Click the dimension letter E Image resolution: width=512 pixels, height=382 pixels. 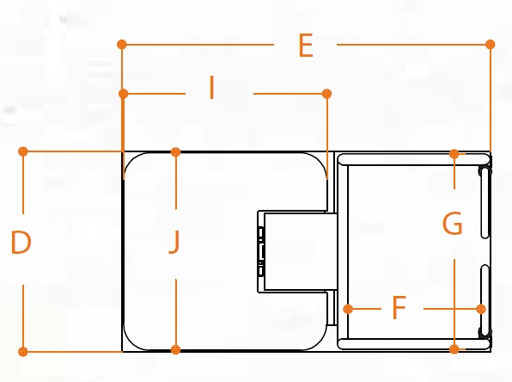click(306, 46)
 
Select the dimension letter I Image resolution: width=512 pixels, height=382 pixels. click(212, 87)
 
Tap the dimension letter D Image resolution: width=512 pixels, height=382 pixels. click(21, 242)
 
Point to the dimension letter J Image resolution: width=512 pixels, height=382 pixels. click(174, 242)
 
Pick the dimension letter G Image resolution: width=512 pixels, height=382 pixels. click(453, 224)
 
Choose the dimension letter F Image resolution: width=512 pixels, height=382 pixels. click(399, 307)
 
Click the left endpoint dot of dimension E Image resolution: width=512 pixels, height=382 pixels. click(122, 44)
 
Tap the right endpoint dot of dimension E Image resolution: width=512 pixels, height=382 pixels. click(491, 44)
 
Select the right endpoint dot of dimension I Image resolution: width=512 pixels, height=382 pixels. click(326, 94)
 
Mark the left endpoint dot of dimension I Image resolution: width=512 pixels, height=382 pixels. click(124, 94)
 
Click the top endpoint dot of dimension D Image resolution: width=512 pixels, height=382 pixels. click(23, 151)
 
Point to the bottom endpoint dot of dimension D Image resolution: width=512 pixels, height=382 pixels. click(23, 352)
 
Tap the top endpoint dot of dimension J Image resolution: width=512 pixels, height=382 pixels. click(175, 151)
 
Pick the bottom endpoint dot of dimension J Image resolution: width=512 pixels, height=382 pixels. click(175, 349)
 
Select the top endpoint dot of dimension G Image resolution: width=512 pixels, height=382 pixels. click(454, 154)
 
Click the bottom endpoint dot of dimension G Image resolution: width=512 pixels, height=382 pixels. click(454, 349)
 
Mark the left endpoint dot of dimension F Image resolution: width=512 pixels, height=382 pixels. click(348, 309)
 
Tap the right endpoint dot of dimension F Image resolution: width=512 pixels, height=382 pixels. click(481, 309)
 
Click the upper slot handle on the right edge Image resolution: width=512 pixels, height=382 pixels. click(485, 202)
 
